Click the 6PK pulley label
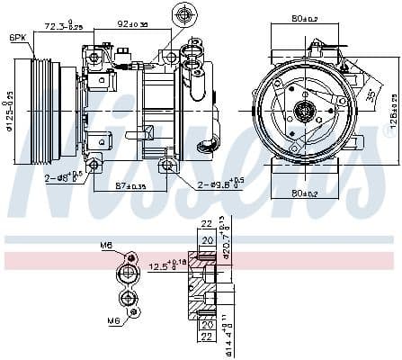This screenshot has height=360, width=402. click(x=18, y=37)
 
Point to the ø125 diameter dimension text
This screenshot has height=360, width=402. click(x=10, y=109)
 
